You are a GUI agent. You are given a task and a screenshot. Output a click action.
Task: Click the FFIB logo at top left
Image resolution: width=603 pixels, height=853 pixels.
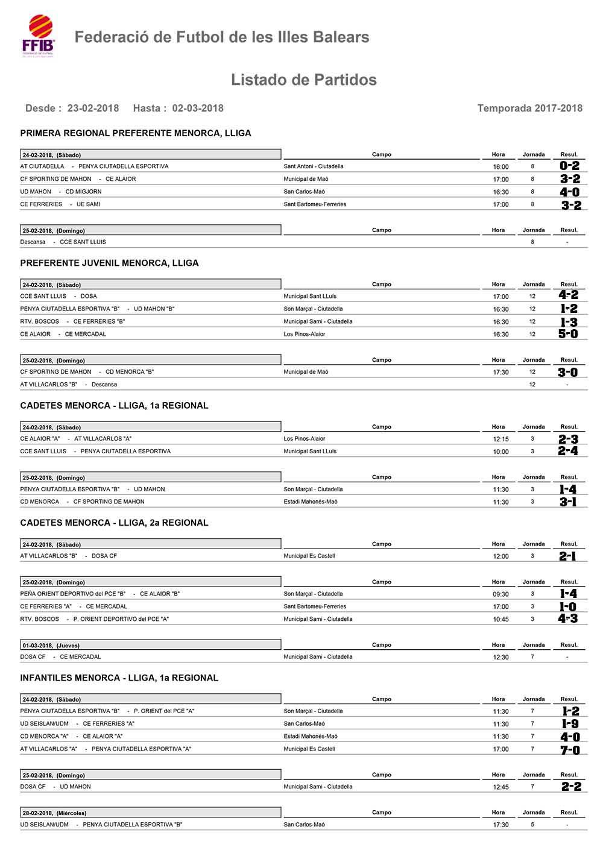[x=39, y=36]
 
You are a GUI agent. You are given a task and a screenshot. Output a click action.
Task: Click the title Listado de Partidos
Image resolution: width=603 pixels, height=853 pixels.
[x=303, y=80]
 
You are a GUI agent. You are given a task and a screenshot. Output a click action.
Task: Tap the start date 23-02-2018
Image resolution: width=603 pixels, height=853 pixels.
[x=93, y=109]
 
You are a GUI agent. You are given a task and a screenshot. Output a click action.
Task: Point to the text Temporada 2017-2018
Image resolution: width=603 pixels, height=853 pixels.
[x=529, y=109]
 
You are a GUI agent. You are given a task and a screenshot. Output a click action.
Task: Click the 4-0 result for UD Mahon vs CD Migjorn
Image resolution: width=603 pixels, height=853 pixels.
[x=569, y=192]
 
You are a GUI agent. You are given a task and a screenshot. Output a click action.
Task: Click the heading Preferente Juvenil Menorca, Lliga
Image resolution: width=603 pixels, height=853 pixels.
[x=109, y=263]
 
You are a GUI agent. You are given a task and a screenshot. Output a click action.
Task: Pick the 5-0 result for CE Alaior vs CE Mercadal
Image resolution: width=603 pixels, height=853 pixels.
[x=568, y=334]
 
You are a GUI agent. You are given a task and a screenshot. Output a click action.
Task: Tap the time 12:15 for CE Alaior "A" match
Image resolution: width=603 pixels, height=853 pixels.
[x=500, y=439]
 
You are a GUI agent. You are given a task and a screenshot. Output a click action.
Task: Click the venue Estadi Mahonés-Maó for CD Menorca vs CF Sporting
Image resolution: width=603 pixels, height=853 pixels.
[x=311, y=502]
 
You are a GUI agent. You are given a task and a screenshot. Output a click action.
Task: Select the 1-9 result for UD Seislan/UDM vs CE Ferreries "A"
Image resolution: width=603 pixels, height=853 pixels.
[x=569, y=724]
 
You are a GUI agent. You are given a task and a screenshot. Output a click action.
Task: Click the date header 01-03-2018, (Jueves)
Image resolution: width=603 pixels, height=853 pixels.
[x=51, y=646]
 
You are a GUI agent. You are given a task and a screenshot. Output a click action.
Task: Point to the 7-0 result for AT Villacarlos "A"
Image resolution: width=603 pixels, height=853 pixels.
[x=569, y=749]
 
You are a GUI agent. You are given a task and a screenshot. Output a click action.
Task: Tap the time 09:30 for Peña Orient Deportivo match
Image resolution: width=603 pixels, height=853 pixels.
[x=500, y=594]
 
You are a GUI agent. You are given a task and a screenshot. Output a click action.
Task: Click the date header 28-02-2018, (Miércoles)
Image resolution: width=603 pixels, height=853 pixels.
[x=54, y=813]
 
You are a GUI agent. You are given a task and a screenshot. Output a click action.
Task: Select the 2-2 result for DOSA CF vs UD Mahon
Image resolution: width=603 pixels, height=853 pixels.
[x=570, y=787]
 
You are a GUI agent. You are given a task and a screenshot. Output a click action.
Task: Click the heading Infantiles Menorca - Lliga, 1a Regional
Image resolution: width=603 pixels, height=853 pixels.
[x=119, y=678]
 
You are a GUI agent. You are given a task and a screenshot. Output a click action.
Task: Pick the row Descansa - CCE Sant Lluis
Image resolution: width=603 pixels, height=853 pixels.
[x=63, y=242]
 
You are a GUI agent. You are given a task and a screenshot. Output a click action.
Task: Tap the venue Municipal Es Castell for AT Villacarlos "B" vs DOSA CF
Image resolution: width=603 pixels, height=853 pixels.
[x=309, y=556]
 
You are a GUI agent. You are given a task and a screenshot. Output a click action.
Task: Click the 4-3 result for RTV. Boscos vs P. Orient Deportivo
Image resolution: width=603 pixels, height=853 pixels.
[x=568, y=619]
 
